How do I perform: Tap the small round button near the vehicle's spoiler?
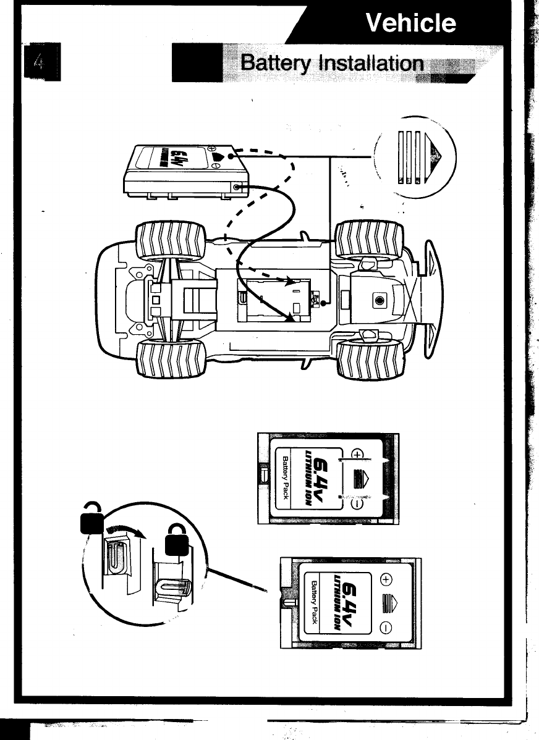379,300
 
